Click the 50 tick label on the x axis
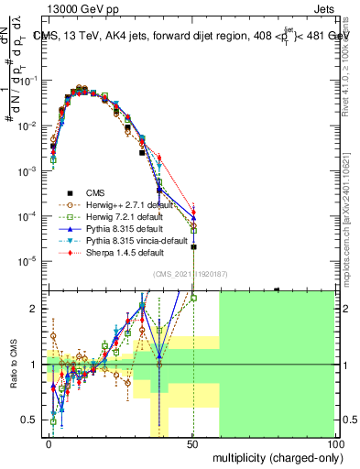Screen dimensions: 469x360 click(x=193, y=443)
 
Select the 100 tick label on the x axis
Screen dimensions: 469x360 click(x=336, y=443)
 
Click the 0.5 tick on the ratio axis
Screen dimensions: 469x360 click(x=33, y=420)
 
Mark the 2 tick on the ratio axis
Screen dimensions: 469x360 click(x=38, y=308)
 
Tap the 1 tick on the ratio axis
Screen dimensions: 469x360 click(x=38, y=364)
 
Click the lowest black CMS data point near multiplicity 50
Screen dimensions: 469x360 click(x=193, y=246)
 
